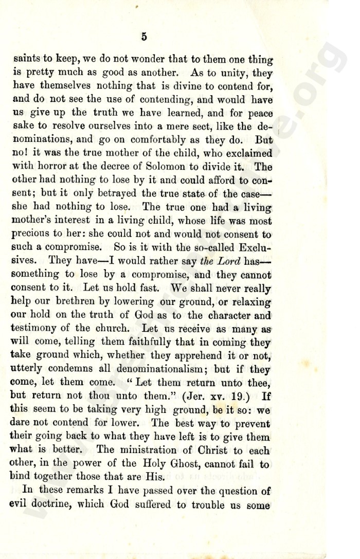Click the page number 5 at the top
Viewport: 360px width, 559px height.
coord(144,36)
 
